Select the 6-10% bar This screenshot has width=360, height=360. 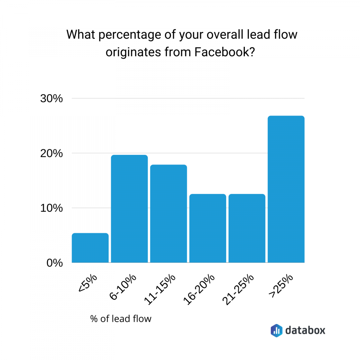click(129, 209)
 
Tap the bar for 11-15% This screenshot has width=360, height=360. click(168, 214)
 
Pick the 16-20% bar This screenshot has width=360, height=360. click(208, 228)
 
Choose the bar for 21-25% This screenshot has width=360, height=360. click(247, 228)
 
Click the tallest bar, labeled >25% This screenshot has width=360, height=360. click(286, 189)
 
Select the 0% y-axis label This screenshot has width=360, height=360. click(54, 263)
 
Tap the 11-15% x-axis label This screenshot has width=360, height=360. click(161, 289)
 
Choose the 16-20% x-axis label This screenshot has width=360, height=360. click(200, 289)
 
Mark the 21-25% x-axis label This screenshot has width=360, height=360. click(239, 289)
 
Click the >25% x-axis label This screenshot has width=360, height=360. click(281, 286)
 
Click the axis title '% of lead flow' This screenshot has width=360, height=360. click(121, 319)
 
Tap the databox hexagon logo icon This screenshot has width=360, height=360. click(276, 330)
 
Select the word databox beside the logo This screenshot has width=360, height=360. click(305, 330)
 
